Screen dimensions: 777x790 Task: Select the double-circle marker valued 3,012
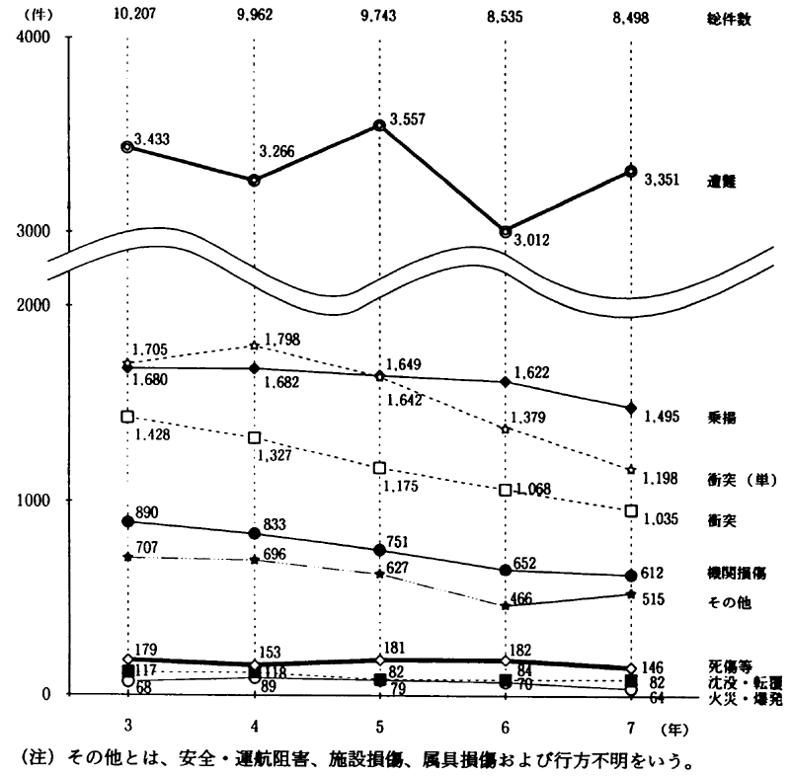pos(506,232)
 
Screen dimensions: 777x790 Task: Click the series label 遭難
pos(722,182)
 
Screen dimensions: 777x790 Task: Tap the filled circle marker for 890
pos(127,521)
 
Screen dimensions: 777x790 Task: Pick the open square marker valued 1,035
pos(631,510)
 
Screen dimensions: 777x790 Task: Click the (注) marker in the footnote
pos(36,760)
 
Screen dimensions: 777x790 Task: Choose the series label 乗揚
pos(722,417)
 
